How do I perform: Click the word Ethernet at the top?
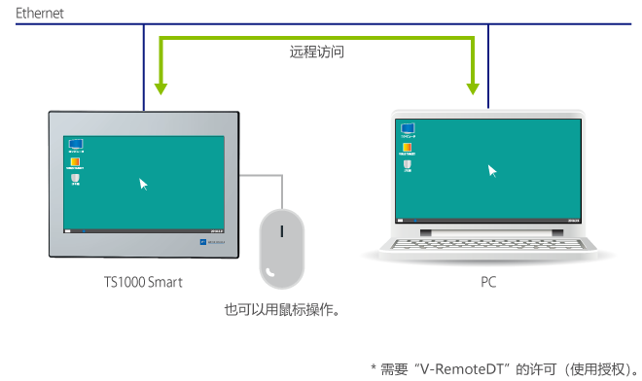(36, 14)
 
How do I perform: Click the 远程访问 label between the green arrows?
(316, 54)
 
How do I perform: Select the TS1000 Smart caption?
(143, 282)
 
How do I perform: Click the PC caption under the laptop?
(488, 282)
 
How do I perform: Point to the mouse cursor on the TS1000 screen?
(144, 183)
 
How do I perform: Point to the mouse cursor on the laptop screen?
(492, 170)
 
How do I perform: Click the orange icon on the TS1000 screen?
(74, 162)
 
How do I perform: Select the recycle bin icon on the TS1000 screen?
(75, 179)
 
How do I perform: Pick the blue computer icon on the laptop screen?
(408, 128)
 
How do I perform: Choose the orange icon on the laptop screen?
(408, 147)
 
